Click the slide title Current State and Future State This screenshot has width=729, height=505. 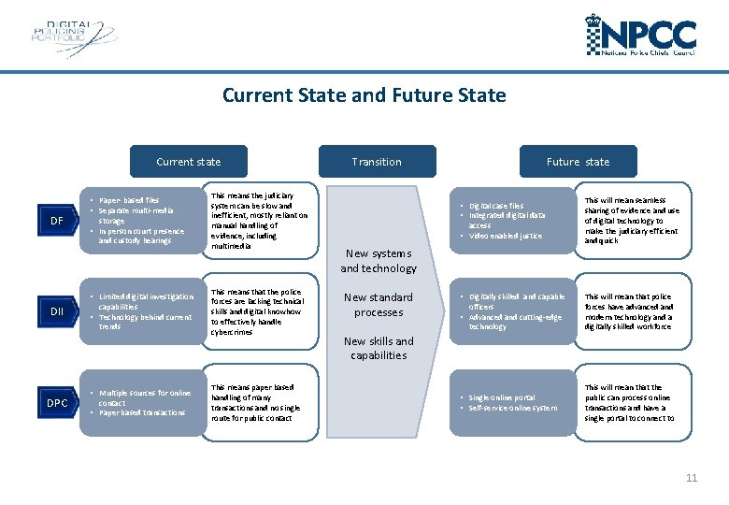364,95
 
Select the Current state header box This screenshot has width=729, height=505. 189,162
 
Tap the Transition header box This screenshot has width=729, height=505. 377,162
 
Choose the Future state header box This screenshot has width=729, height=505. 578,162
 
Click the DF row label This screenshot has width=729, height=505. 57,221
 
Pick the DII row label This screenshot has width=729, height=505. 57,311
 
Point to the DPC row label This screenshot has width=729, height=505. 57,403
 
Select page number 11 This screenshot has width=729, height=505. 692,478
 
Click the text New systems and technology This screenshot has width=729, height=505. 379,261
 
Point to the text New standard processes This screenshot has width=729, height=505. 379,305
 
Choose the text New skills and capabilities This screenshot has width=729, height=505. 379,348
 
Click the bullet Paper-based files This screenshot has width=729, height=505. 131,200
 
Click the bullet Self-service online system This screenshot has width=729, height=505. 513,408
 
